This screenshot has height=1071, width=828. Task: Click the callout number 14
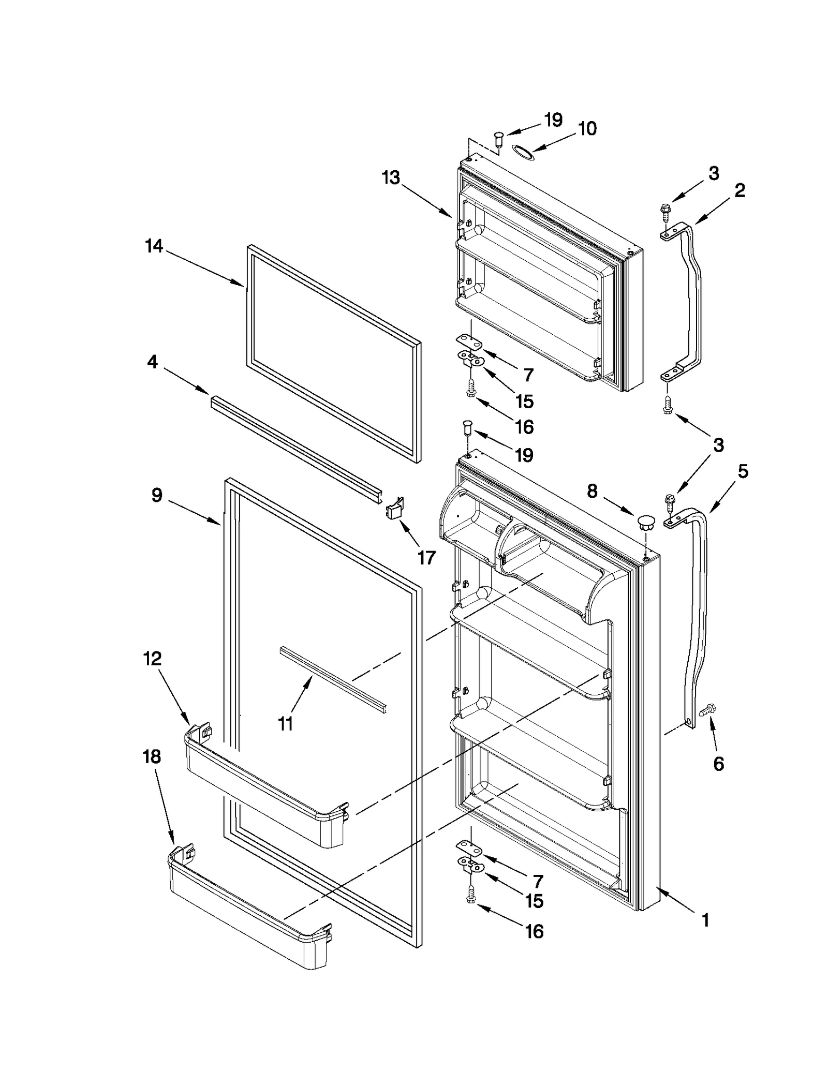[154, 247]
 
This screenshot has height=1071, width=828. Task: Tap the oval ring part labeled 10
[522, 151]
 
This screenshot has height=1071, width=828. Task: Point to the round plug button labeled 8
[645, 522]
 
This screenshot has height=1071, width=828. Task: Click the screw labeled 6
[706, 712]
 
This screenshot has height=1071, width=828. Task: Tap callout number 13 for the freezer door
[391, 177]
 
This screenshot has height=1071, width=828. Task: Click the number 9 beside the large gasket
[157, 495]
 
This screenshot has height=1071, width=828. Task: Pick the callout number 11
[286, 723]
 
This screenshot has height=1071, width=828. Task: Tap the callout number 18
[152, 756]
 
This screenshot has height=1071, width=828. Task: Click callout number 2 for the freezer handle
[740, 190]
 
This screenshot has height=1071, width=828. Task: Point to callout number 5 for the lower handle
[743, 471]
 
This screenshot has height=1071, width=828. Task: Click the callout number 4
[152, 362]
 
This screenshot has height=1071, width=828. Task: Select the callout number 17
[426, 557]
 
